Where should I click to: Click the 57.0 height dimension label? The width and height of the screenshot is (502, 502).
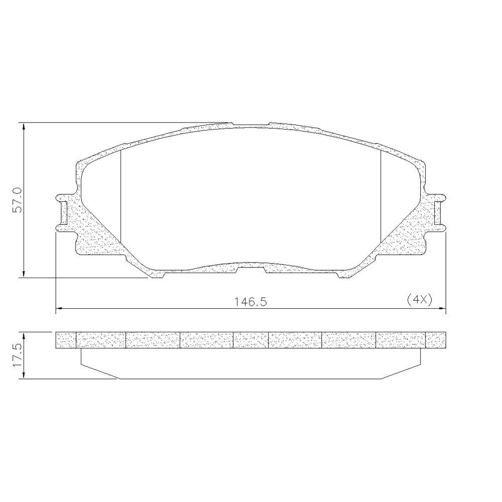[x=17, y=200]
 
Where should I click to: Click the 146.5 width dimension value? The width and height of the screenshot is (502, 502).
[x=250, y=302]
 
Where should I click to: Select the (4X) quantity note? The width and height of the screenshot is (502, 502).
[x=419, y=300]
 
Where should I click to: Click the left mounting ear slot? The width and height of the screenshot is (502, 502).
[x=64, y=212]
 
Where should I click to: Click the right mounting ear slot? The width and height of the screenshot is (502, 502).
[x=438, y=212]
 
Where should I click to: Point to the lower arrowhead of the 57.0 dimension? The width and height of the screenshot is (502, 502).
[x=24, y=274]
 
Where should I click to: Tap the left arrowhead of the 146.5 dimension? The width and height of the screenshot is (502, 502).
[x=60, y=309]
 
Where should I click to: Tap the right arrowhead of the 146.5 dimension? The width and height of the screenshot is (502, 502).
[x=442, y=309]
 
